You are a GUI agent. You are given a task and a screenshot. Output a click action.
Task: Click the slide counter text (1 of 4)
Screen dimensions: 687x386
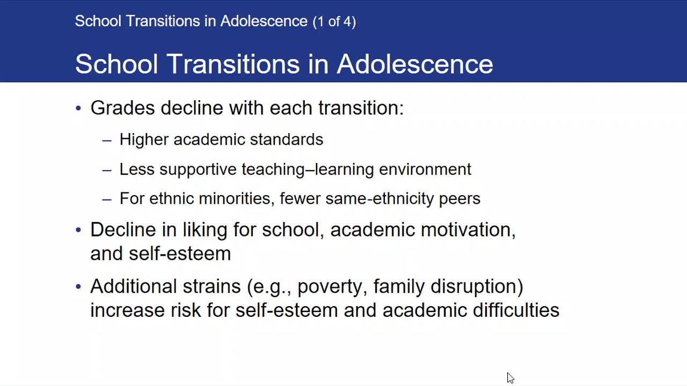[334, 22]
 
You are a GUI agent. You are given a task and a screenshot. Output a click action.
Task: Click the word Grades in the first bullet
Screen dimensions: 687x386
[123, 108]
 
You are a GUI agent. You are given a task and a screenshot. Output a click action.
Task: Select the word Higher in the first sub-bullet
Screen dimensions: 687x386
[144, 140]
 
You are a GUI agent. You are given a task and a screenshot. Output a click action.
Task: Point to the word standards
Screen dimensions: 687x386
[287, 139]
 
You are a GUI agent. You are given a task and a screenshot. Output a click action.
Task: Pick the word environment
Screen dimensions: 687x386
[425, 169]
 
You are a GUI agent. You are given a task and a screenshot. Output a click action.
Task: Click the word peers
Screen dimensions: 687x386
[459, 199]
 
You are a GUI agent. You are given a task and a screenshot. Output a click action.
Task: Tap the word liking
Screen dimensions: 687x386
[205, 230]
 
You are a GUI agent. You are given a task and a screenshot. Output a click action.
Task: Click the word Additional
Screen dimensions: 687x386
[134, 286]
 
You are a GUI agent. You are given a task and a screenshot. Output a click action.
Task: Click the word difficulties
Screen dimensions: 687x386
[516, 310]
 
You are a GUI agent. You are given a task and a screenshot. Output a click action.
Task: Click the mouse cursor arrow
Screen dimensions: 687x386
[510, 378]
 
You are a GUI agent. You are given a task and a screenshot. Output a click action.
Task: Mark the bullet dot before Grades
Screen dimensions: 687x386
[78, 108]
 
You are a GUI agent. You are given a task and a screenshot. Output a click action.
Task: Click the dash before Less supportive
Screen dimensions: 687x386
[107, 170]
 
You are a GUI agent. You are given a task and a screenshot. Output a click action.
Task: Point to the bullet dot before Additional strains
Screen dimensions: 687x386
[78, 286]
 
